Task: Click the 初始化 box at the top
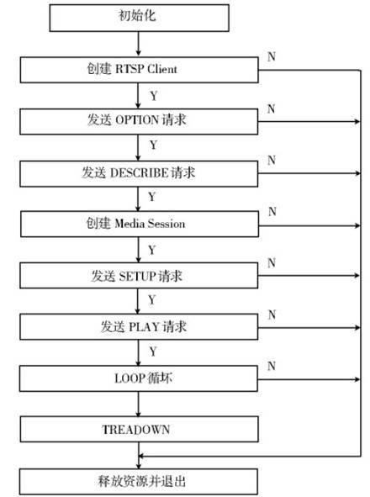click(140, 18)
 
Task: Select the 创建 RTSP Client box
click(140, 70)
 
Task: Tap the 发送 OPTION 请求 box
click(139, 121)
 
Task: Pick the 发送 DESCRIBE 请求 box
click(139, 173)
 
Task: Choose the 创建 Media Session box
click(140, 224)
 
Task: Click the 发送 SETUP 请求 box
click(139, 276)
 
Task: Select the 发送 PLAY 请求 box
click(139, 327)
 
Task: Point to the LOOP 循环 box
click(139, 378)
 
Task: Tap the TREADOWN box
click(140, 429)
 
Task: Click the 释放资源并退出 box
click(139, 482)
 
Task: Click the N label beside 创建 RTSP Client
click(272, 56)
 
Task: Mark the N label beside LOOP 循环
click(272, 366)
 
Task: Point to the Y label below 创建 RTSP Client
click(154, 96)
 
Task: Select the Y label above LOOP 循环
click(153, 352)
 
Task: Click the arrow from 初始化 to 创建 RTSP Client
click(138, 44)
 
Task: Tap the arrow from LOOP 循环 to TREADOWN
click(138, 404)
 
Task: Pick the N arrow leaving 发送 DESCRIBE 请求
click(309, 173)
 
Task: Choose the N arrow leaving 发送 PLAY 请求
click(309, 327)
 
